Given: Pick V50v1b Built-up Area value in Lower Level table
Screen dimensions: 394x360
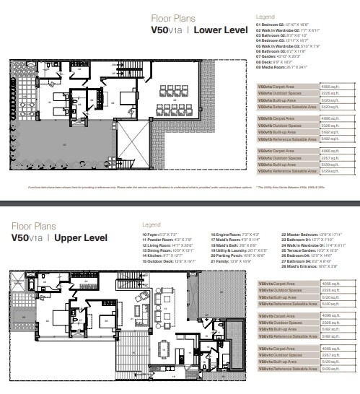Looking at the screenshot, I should (x=325, y=132).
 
